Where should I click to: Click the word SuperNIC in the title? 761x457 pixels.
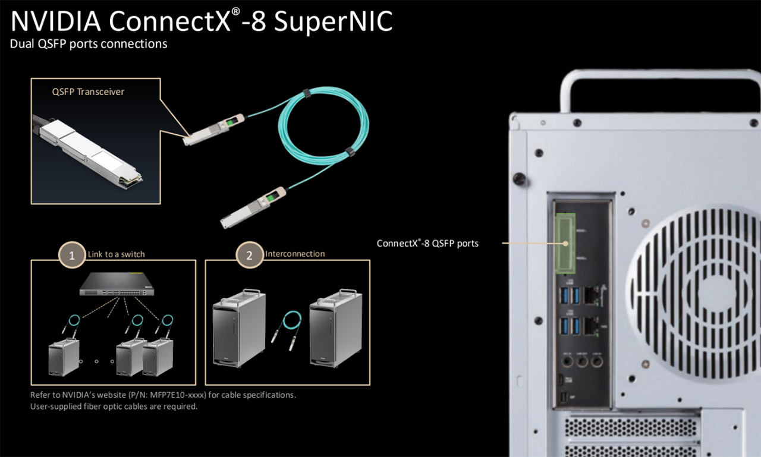(x=334, y=21)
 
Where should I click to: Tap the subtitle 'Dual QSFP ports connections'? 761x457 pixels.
(x=89, y=44)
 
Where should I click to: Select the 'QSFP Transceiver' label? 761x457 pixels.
(x=88, y=92)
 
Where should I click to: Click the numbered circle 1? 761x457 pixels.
(x=72, y=255)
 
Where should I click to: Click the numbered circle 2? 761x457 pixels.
(x=249, y=255)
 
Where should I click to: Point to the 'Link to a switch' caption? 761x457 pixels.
(x=116, y=254)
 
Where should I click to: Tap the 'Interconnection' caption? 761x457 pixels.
(x=295, y=254)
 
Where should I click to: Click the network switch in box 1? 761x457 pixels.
(x=117, y=284)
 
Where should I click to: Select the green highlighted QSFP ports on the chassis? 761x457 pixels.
(x=565, y=244)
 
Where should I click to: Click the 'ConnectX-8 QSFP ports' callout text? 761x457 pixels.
(x=427, y=243)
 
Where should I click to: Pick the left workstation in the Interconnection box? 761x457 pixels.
(x=239, y=328)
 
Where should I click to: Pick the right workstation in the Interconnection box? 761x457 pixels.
(x=336, y=328)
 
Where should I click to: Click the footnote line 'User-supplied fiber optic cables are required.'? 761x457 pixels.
(x=114, y=406)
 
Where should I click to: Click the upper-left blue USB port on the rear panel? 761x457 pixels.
(x=564, y=295)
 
